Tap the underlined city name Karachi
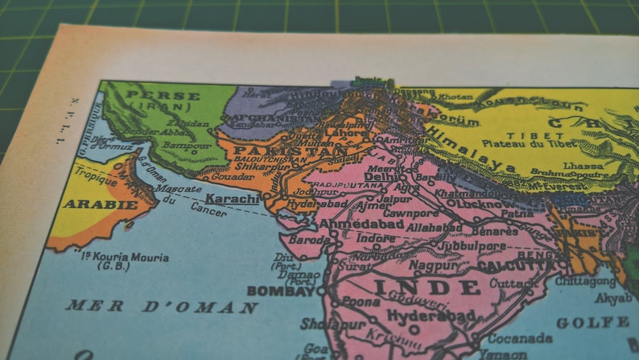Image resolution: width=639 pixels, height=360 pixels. (233, 198)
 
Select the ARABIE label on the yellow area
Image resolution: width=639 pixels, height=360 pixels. (89, 205)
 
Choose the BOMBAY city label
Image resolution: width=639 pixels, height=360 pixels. (281, 291)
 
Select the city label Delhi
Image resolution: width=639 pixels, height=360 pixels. (376, 176)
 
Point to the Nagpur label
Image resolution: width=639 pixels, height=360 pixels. (435, 264)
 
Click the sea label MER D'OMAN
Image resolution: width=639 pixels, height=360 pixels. (162, 307)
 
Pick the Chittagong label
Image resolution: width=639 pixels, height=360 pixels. (586, 281)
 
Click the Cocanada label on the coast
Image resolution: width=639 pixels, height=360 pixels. (519, 337)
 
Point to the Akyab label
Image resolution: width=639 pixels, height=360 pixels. (613, 298)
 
